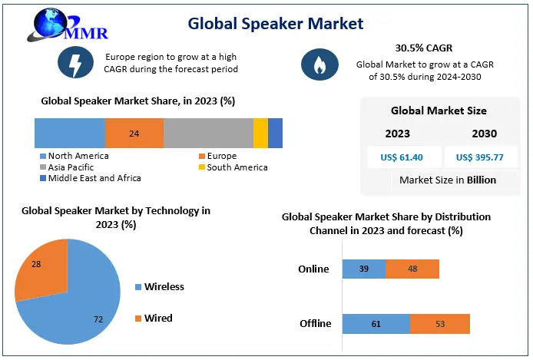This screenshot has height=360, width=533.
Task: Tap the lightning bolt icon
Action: [74, 64]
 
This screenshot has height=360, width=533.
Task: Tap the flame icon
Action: [316, 64]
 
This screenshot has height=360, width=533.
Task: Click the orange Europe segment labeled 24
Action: [134, 134]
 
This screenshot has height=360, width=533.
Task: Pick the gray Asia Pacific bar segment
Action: [208, 134]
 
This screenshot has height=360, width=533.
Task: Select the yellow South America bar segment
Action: [260, 134]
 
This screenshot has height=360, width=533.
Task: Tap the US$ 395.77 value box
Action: [480, 158]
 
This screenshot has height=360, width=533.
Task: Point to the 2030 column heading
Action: [484, 134]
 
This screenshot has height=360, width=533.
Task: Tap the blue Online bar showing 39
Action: [363, 269]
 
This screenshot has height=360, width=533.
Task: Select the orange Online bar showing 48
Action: [412, 269]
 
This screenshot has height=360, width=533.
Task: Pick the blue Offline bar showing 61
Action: [376, 323]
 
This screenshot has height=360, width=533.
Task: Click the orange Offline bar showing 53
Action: [439, 323]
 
